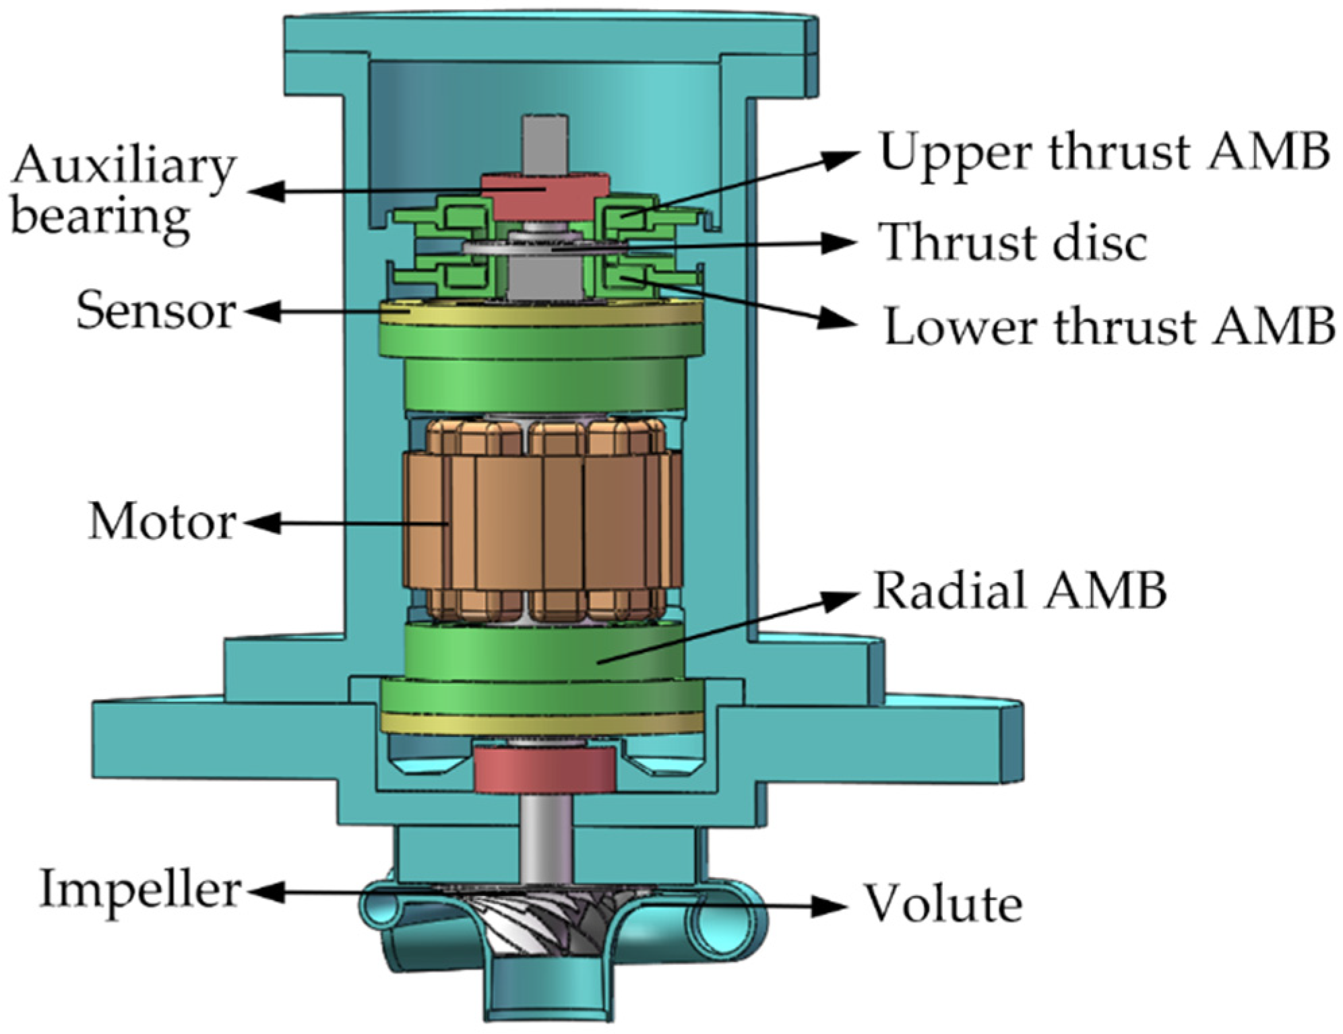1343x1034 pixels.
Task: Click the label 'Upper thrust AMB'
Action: [1104, 152]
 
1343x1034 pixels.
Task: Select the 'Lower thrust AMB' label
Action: [1108, 326]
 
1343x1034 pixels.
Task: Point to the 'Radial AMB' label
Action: [1019, 591]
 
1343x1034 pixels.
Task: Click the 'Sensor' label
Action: [156, 311]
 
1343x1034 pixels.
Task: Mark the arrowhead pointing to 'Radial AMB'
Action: [842, 598]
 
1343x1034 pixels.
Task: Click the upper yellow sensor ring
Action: [542, 315]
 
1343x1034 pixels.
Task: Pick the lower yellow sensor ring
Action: [542, 723]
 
